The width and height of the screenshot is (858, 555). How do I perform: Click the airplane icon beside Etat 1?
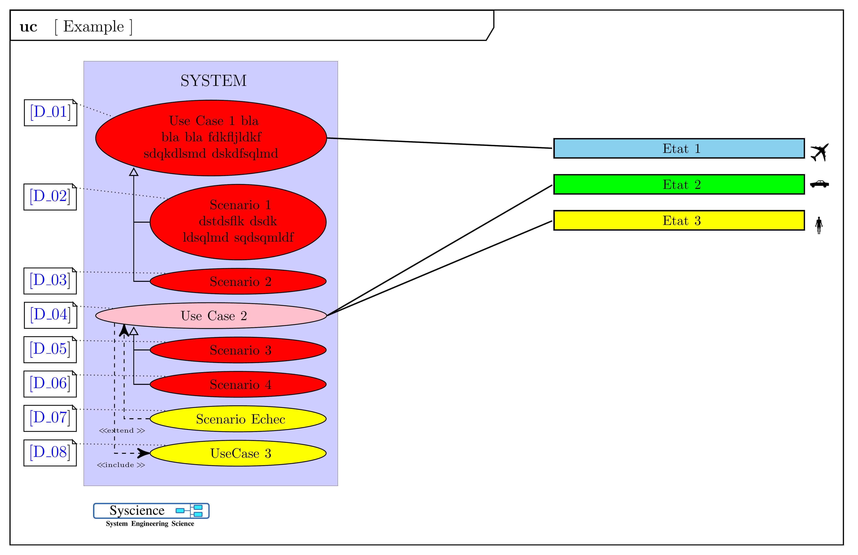819,152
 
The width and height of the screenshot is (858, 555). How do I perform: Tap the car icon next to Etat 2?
819,184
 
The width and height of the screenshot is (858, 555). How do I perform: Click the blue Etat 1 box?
679,148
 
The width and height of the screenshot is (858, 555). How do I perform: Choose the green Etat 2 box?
679,184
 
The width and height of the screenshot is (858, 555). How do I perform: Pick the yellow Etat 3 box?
679,220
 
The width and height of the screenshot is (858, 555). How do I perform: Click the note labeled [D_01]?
51,112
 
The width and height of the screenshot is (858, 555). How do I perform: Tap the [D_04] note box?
51,315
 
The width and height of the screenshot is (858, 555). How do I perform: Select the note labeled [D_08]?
50,453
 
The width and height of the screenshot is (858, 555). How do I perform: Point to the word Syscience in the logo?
137,510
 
